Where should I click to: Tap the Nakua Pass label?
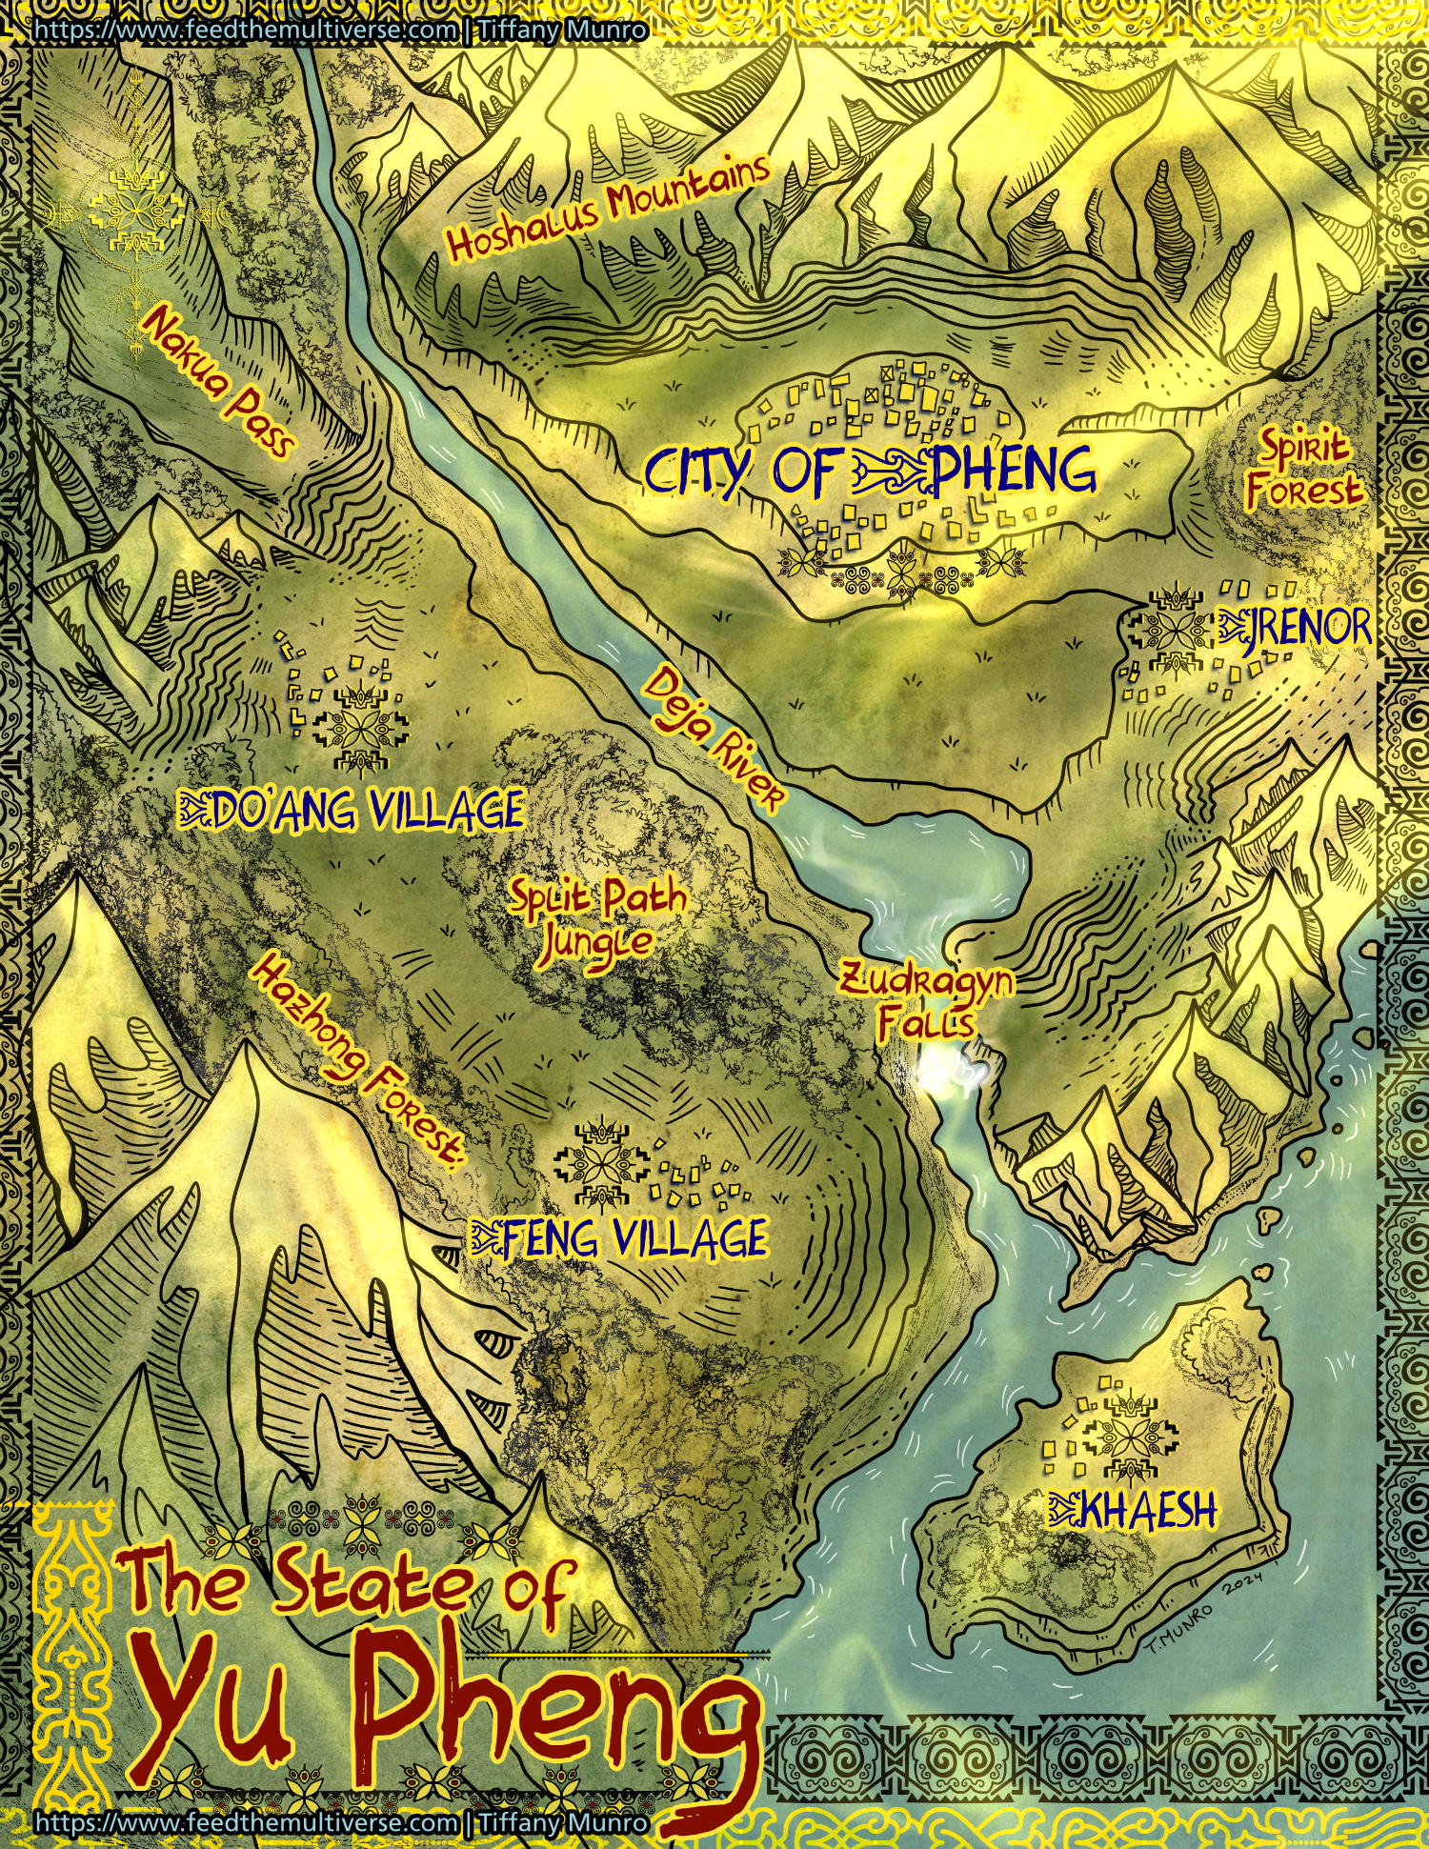coord(217,380)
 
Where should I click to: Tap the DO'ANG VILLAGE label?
coord(363,811)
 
